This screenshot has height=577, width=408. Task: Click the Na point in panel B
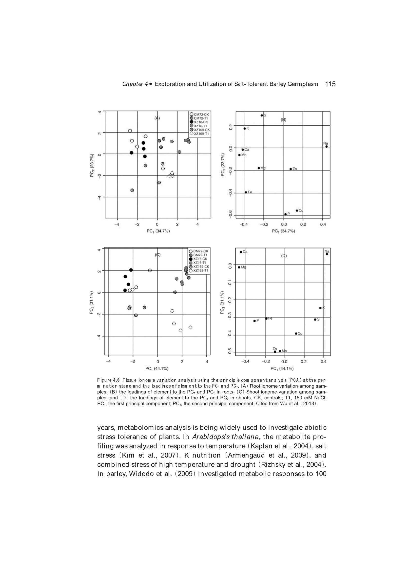tap(326, 147)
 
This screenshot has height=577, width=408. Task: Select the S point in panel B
tap(262, 115)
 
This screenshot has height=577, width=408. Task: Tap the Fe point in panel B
tap(246, 192)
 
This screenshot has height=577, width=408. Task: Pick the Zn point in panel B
tap(291, 169)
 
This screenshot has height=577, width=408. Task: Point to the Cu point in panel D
tap(296, 333)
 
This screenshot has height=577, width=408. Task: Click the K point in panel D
tap(320, 308)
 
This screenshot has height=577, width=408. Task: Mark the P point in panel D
tap(254, 321)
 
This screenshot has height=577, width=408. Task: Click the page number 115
tap(330, 84)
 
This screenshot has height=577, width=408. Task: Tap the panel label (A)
tap(157, 118)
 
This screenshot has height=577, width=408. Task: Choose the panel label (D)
tap(284, 256)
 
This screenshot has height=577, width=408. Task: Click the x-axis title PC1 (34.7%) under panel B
tap(283, 231)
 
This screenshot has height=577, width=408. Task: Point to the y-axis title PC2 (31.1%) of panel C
tap(92, 303)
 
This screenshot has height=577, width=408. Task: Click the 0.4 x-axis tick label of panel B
tap(323, 224)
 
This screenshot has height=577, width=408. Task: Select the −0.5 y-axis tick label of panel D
tap(229, 352)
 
